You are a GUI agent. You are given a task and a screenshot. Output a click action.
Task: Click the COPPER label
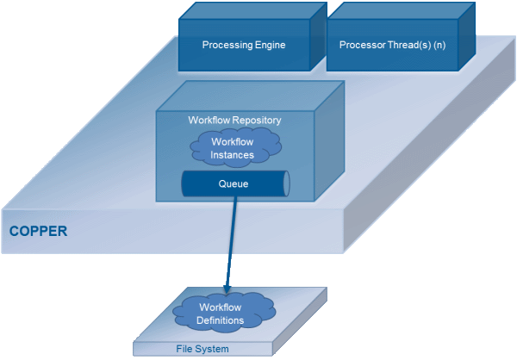[x=38, y=231]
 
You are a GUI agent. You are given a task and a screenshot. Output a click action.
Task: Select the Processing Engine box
[x=252, y=36]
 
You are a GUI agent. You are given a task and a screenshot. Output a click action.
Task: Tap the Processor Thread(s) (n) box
[x=401, y=36]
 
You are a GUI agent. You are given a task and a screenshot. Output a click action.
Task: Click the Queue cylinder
[x=235, y=183]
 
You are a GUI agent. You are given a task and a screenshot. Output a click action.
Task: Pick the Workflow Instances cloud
[x=235, y=146]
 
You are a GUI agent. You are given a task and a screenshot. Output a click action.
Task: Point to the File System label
[x=202, y=349]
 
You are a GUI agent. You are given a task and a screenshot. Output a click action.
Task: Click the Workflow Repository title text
[x=234, y=120]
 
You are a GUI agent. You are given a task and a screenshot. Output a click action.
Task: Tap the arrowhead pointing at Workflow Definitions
[x=227, y=289]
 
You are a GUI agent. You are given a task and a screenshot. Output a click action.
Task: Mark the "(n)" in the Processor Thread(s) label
[x=439, y=45]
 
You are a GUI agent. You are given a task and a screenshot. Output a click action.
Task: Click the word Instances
[x=232, y=155]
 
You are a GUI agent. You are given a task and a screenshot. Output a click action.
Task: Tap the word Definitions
[x=221, y=320]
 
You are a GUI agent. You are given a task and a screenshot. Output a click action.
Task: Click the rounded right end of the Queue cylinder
[x=287, y=183]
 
